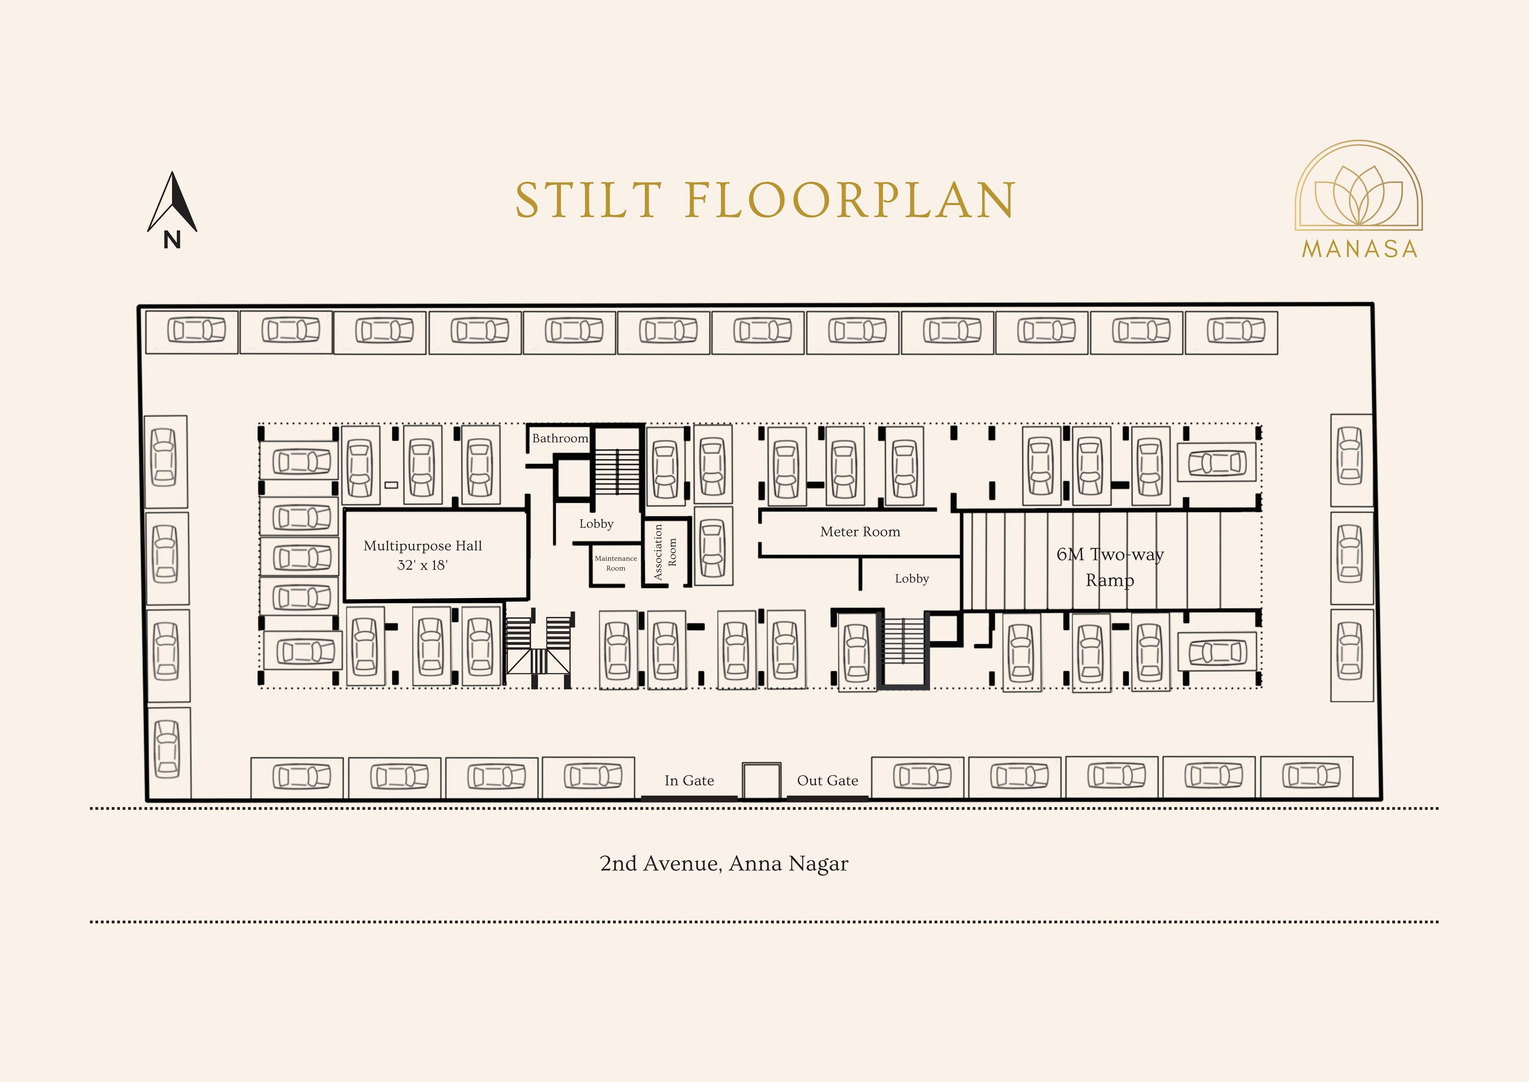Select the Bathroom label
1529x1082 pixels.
[x=560, y=438]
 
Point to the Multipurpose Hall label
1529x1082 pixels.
[x=423, y=546]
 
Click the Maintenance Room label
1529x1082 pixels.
[x=616, y=563]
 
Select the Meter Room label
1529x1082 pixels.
[x=861, y=532]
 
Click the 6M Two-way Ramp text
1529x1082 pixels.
[x=1110, y=567]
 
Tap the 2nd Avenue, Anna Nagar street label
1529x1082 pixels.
[x=724, y=864]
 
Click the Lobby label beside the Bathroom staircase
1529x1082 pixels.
[x=596, y=524]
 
